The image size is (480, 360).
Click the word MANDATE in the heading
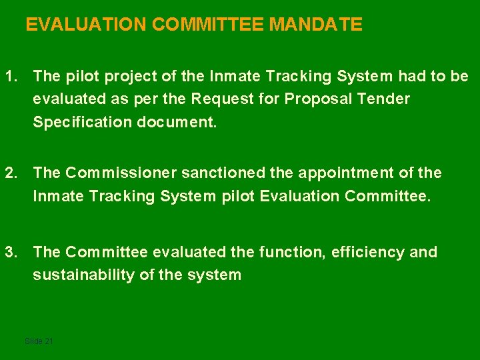pyautogui.click(x=315, y=25)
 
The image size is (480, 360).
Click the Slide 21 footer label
pyautogui.click(x=39, y=341)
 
